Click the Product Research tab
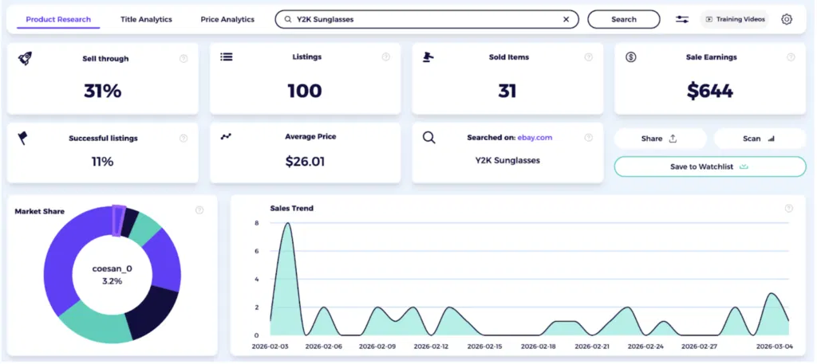point(58,19)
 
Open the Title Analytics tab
point(146,19)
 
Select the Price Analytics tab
point(227,19)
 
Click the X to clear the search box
point(566,19)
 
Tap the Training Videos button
point(734,19)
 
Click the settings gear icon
point(787,19)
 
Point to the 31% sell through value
point(102,91)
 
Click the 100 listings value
point(305,91)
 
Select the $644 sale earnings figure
point(710,91)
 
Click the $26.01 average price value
point(305,162)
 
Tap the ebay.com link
point(535,138)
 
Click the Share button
point(660,139)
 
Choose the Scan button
point(760,139)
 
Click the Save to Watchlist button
point(710,166)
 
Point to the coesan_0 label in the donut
point(112,268)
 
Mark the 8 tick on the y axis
point(256,223)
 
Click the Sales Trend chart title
point(291,209)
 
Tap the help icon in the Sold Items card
point(589,57)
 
